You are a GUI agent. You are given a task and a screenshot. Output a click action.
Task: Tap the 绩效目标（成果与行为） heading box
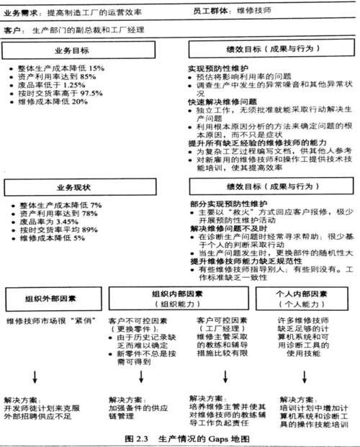click(268, 51)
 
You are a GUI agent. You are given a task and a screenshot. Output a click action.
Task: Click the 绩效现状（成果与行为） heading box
click(268, 187)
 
